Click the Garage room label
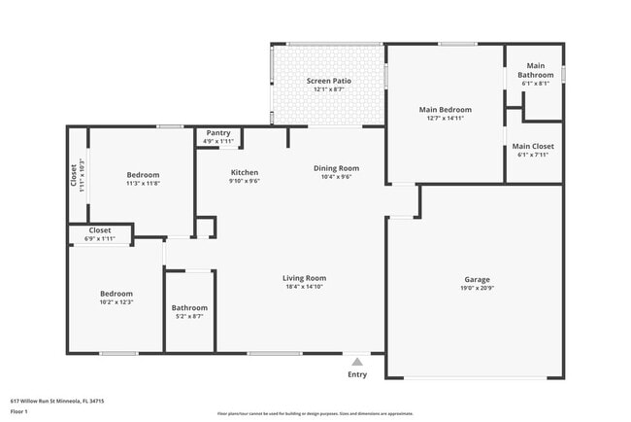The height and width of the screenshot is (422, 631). pos(476,279)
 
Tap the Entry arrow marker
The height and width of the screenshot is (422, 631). pos(357,361)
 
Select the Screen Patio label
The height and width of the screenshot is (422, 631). pos(328,81)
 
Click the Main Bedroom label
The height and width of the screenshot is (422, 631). pos(445,110)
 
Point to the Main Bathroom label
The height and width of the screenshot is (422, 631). pos(535,71)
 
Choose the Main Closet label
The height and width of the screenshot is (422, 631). pos(534,146)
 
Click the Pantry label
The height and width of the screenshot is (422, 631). pos(218,133)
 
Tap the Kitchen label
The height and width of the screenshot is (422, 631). pos(244,172)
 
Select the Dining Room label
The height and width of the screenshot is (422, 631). pos(336,168)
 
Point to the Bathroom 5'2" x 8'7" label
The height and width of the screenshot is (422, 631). pos(189,308)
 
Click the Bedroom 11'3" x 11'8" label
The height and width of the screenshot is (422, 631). pos(143,175)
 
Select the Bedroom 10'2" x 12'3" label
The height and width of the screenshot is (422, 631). pos(116,294)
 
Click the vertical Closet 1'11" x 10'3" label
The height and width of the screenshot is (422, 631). pos(74,176)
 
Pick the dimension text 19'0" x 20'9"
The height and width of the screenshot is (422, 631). pos(476,287)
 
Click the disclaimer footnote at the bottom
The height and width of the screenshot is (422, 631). pos(315,412)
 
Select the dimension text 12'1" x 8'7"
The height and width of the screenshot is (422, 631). pos(328,89)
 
